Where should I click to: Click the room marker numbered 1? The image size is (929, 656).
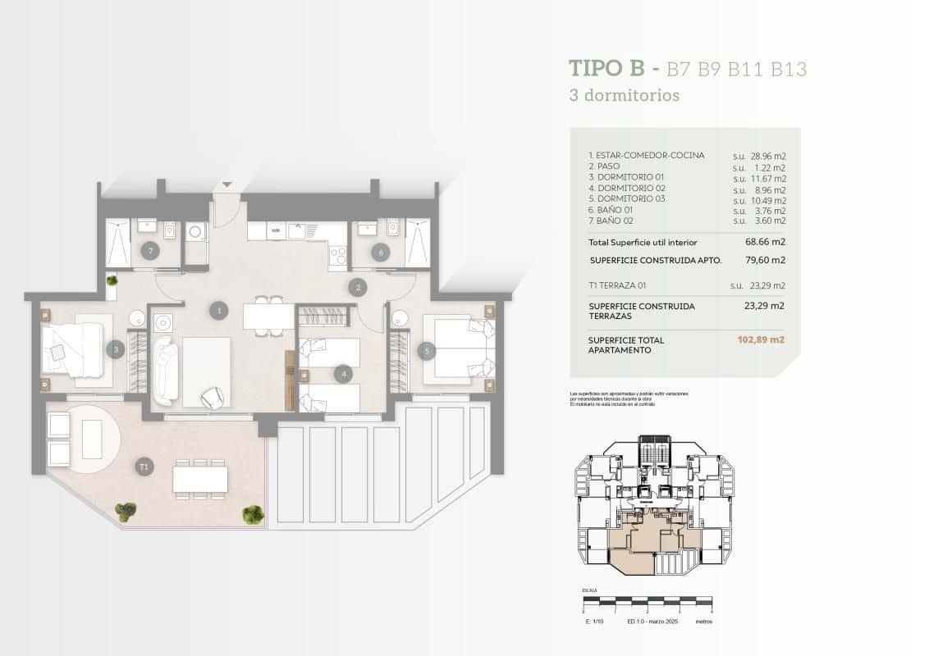pos(218,310)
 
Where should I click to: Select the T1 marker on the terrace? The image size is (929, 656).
pos(144,467)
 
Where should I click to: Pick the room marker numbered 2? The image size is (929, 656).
pos(356,287)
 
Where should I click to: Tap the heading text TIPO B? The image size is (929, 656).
pos(606,68)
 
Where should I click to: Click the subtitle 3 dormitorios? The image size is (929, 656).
pos(625,95)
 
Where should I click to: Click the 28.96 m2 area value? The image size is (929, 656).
pos(768,155)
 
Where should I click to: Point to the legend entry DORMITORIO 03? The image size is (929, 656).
pos(630,199)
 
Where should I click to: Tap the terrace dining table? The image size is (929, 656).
pos(200,478)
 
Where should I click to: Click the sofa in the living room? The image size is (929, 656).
pos(165,371)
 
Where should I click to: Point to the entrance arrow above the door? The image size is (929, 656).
pos(227,186)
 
